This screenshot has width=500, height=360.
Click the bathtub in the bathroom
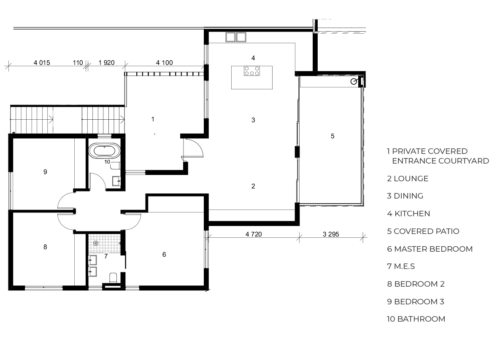tap(105, 150)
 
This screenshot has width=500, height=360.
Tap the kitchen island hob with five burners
tap(252, 71)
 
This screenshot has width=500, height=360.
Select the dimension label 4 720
tap(254, 234)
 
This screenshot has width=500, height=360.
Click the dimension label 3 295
tap(331, 234)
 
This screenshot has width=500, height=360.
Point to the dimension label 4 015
tap(42, 63)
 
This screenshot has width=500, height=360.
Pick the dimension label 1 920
tap(106, 63)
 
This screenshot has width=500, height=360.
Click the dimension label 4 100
tap(164, 63)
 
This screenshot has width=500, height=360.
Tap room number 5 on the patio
tap(332, 136)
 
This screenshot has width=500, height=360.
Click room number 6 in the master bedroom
tap(164, 254)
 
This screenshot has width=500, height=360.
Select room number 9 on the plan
tap(45, 172)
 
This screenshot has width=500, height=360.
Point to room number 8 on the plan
tap(45, 247)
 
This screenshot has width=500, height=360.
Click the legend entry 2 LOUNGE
tap(408, 179)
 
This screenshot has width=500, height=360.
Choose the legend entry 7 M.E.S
tap(401, 266)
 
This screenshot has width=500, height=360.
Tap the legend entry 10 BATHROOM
tap(416, 319)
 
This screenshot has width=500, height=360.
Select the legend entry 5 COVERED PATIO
tap(423, 231)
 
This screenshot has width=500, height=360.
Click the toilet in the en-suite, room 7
tap(113, 277)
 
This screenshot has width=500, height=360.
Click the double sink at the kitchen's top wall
tap(236, 37)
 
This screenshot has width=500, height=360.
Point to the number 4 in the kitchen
tap(253, 58)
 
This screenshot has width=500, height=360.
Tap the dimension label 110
tap(78, 63)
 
